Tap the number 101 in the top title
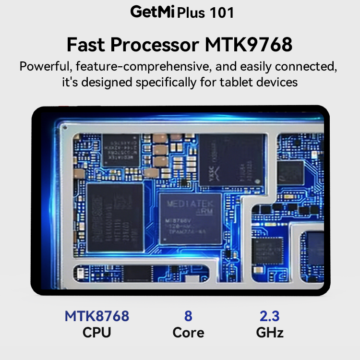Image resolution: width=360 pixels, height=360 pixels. [221, 13]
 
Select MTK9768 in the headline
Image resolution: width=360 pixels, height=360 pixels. [249, 45]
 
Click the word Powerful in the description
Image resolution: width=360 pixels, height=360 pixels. [46, 66]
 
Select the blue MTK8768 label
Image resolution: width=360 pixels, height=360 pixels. [97, 316]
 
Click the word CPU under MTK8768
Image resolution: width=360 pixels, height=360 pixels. [97, 332]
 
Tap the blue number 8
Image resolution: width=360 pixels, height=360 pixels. [188, 316]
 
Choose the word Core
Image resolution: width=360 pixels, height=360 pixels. [188, 332]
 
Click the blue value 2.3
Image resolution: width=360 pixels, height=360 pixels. [270, 316]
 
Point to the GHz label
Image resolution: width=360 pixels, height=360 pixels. [270, 332]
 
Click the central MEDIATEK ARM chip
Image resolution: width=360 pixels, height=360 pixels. [191, 218]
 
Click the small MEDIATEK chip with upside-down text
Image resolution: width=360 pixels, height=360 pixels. [121, 150]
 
